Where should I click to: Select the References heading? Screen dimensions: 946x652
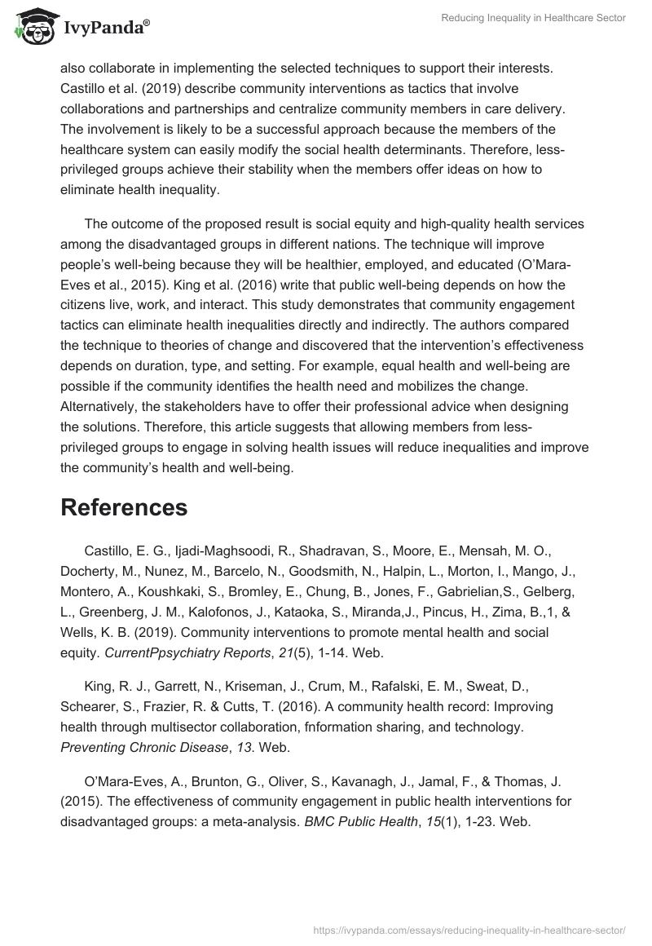click(x=124, y=507)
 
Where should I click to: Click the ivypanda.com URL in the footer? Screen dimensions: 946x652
click(x=469, y=929)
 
